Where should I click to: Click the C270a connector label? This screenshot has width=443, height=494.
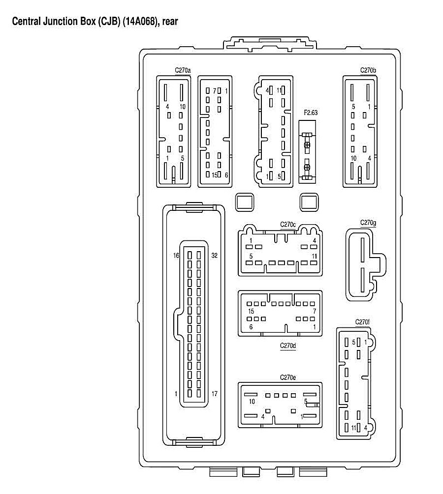click(x=183, y=70)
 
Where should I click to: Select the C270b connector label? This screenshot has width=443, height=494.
click(x=368, y=70)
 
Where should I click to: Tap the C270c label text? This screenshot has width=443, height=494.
click(x=288, y=225)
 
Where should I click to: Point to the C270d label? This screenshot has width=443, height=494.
click(x=288, y=346)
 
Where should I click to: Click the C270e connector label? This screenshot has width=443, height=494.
click(x=288, y=378)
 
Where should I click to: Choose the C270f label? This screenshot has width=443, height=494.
click(x=362, y=322)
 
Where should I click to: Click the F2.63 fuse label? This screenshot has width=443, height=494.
click(x=311, y=113)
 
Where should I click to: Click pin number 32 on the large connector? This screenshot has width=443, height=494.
click(x=215, y=255)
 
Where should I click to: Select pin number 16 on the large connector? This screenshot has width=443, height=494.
click(x=176, y=255)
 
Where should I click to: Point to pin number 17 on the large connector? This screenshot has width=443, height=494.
click(x=215, y=394)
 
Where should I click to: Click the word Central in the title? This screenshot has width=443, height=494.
click(x=26, y=22)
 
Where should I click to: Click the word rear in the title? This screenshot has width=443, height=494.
click(x=169, y=22)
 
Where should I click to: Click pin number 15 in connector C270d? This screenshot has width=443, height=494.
click(x=251, y=312)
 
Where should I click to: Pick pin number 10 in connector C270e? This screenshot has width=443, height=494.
click(x=252, y=402)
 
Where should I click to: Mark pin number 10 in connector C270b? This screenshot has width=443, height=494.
click(x=353, y=158)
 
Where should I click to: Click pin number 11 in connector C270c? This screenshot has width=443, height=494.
click(x=314, y=257)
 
